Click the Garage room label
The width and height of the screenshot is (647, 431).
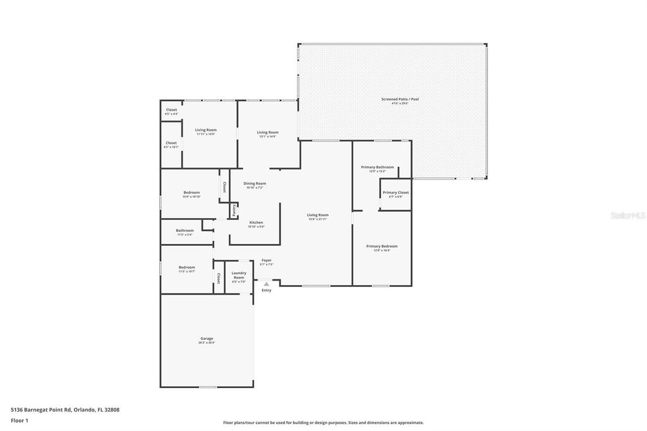207,339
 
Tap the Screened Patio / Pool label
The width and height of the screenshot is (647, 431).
399,99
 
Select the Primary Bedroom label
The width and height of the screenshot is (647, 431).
382,246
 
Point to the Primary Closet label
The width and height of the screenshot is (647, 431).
396,193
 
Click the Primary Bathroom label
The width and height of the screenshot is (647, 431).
377,167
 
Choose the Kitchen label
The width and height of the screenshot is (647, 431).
256,222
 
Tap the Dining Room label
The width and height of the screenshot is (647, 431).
255,183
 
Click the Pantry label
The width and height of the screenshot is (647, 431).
234,210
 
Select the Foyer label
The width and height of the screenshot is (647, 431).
267,260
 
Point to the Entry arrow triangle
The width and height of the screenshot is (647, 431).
267,284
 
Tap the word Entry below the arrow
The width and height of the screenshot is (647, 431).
267,290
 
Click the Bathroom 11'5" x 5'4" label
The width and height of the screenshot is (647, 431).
184,231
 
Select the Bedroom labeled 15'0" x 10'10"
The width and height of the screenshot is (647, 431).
191,193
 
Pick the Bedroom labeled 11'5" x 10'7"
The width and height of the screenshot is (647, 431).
186,267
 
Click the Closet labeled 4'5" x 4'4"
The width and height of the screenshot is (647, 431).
171,110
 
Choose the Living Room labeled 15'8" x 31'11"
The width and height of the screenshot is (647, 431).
318,215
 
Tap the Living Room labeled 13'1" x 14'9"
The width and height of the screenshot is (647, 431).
267,133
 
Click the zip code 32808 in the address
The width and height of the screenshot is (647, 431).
112,410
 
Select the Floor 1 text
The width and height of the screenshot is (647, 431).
20,420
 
